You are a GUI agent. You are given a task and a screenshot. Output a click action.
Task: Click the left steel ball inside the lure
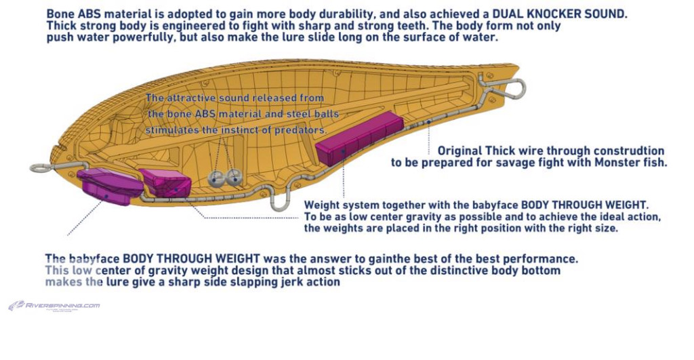pyautogui.click(x=215, y=178)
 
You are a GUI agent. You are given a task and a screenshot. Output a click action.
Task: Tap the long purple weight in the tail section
pyautogui.click(x=359, y=138)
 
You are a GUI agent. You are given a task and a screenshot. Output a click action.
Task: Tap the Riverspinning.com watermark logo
pyautogui.click(x=54, y=306)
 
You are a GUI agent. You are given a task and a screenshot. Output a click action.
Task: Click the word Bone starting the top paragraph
pyautogui.click(x=60, y=14)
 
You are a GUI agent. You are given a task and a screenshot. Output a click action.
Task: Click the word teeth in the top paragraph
pyautogui.click(x=413, y=26)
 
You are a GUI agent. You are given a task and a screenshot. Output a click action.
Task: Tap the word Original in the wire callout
pyautogui.click(x=460, y=151)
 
